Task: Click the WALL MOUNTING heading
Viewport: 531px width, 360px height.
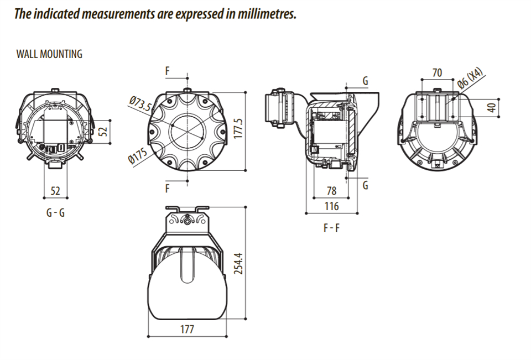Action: point(49,54)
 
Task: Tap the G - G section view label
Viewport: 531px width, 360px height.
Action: point(55,212)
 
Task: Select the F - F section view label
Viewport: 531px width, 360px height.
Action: point(331,227)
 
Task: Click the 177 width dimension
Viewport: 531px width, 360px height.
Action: point(187,330)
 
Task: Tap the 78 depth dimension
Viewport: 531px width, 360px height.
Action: point(331,191)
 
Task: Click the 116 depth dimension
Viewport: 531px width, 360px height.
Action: point(331,206)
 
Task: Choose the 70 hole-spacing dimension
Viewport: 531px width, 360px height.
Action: point(437,72)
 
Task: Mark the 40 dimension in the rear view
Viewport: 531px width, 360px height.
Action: point(492,107)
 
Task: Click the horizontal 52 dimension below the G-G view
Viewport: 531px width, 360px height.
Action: point(55,191)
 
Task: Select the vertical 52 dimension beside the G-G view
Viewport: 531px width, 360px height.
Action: point(103,131)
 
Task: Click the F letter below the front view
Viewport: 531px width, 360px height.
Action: point(167,189)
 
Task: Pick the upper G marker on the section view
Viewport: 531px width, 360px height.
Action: point(365,81)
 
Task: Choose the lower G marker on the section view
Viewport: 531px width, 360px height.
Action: point(365,186)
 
